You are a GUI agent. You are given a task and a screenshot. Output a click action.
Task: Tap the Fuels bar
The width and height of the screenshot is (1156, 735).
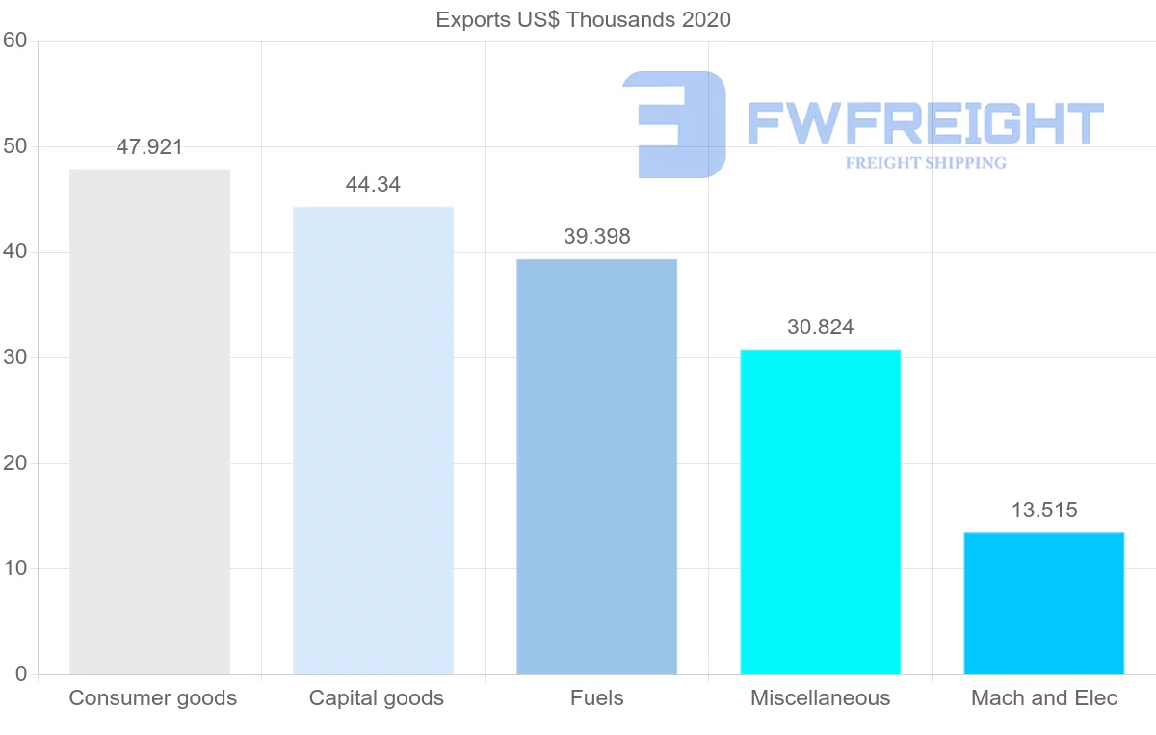596,466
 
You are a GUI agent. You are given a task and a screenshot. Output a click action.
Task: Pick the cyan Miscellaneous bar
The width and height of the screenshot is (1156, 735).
820,512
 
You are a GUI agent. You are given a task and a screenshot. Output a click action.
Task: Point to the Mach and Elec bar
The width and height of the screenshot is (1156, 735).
1043,603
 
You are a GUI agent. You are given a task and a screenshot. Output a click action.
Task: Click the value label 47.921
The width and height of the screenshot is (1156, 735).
149,147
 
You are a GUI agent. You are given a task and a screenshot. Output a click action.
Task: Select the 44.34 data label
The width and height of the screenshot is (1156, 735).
373,185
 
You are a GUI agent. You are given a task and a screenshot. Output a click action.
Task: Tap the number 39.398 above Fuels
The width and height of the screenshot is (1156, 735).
596,237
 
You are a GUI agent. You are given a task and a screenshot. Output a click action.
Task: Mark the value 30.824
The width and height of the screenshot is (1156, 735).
820,328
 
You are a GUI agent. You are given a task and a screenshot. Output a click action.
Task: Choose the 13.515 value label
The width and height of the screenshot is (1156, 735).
1043,511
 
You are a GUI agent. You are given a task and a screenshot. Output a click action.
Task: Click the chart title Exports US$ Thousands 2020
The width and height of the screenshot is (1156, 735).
583,19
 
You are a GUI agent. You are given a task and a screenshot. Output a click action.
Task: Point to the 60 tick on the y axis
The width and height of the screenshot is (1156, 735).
14,40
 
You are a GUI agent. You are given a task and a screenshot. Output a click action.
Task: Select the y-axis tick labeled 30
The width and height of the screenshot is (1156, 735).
14,357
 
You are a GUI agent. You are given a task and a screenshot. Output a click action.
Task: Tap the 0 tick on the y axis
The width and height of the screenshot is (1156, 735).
20,674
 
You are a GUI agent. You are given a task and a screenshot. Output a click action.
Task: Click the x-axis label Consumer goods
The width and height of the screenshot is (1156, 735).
152,698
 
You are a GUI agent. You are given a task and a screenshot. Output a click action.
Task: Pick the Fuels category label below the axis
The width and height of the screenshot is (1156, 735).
596,698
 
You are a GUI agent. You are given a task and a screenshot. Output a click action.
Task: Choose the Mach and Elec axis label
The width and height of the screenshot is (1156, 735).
1043,698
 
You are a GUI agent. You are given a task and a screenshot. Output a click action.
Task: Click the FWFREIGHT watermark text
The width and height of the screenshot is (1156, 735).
925,123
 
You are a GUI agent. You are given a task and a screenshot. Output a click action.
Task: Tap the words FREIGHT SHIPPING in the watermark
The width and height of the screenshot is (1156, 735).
925,163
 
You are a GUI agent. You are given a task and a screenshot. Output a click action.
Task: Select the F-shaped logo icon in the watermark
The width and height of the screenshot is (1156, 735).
674,124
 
